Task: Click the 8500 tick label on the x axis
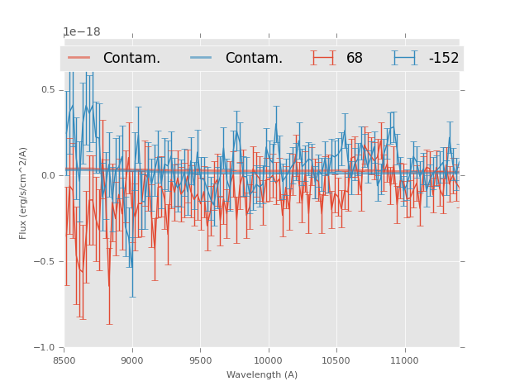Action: [64, 360]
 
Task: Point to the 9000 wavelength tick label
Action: [132, 360]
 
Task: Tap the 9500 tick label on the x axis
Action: [200, 360]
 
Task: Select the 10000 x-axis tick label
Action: [268, 360]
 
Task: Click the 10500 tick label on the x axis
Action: [336, 360]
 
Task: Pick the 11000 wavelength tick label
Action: [404, 360]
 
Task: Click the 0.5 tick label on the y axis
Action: [48, 90]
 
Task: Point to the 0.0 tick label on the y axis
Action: [48, 176]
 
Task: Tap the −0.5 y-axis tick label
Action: [45, 262]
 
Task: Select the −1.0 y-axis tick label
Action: [45, 348]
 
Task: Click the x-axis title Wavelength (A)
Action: [262, 374]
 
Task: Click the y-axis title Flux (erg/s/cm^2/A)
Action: [23, 193]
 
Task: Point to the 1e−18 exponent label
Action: [82, 32]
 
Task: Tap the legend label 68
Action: [355, 59]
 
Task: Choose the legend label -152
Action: [443, 59]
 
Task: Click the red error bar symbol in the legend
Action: [323, 58]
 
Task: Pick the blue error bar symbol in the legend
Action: [405, 58]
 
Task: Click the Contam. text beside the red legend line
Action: [131, 59]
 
